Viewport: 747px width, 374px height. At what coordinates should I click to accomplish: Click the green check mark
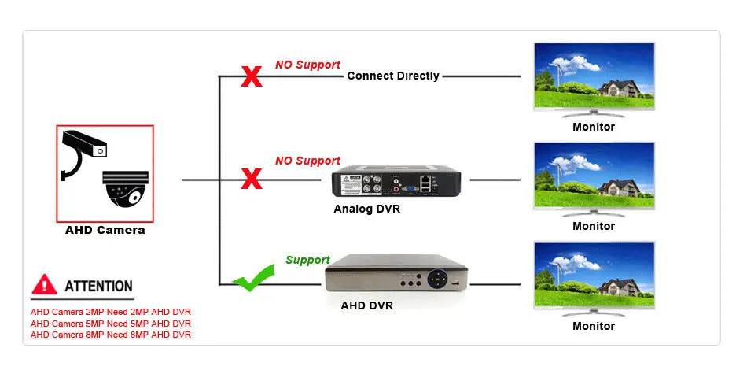(254, 278)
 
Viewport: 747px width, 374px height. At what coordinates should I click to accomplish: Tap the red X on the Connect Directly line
(252, 76)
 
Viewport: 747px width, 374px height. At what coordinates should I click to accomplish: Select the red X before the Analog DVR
(252, 179)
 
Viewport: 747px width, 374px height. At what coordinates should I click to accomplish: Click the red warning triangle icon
(44, 284)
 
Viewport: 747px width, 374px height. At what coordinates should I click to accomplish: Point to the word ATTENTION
(98, 287)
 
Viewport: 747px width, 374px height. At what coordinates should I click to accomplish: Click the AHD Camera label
(105, 230)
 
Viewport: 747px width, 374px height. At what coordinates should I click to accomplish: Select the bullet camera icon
(84, 154)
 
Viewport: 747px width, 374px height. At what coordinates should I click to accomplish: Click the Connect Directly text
(393, 76)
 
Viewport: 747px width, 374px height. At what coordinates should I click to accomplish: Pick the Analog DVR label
(367, 209)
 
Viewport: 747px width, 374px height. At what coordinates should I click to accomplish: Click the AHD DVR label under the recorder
(367, 305)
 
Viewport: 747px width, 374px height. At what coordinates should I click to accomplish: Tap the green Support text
(307, 260)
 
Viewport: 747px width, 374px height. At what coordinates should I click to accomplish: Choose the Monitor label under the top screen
(594, 127)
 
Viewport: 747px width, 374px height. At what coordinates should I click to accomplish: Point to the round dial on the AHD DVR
(437, 279)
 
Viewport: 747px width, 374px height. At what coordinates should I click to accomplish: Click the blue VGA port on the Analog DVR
(408, 189)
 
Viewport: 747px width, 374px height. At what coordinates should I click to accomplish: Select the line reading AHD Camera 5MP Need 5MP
(111, 324)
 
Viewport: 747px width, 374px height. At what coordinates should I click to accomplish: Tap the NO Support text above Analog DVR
(307, 161)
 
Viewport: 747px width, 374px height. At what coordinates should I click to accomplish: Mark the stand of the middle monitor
(594, 213)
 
